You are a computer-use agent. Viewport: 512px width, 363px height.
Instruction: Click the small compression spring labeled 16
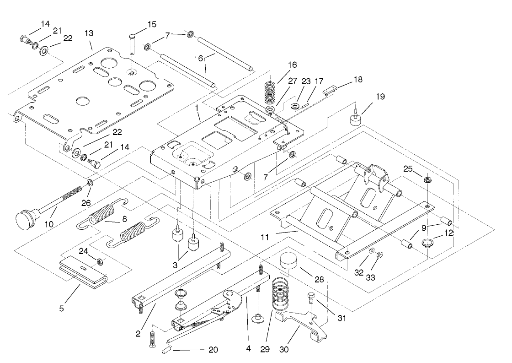[x=272, y=92]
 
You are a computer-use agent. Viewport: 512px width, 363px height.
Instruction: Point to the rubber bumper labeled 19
[x=353, y=118]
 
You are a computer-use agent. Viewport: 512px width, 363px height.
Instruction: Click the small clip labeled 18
[x=328, y=91]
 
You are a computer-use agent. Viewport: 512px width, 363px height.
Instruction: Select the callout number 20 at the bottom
[x=213, y=350]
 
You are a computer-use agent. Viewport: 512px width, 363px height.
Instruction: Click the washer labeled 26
[x=91, y=184]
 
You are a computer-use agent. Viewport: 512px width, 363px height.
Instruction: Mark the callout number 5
[x=61, y=308]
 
